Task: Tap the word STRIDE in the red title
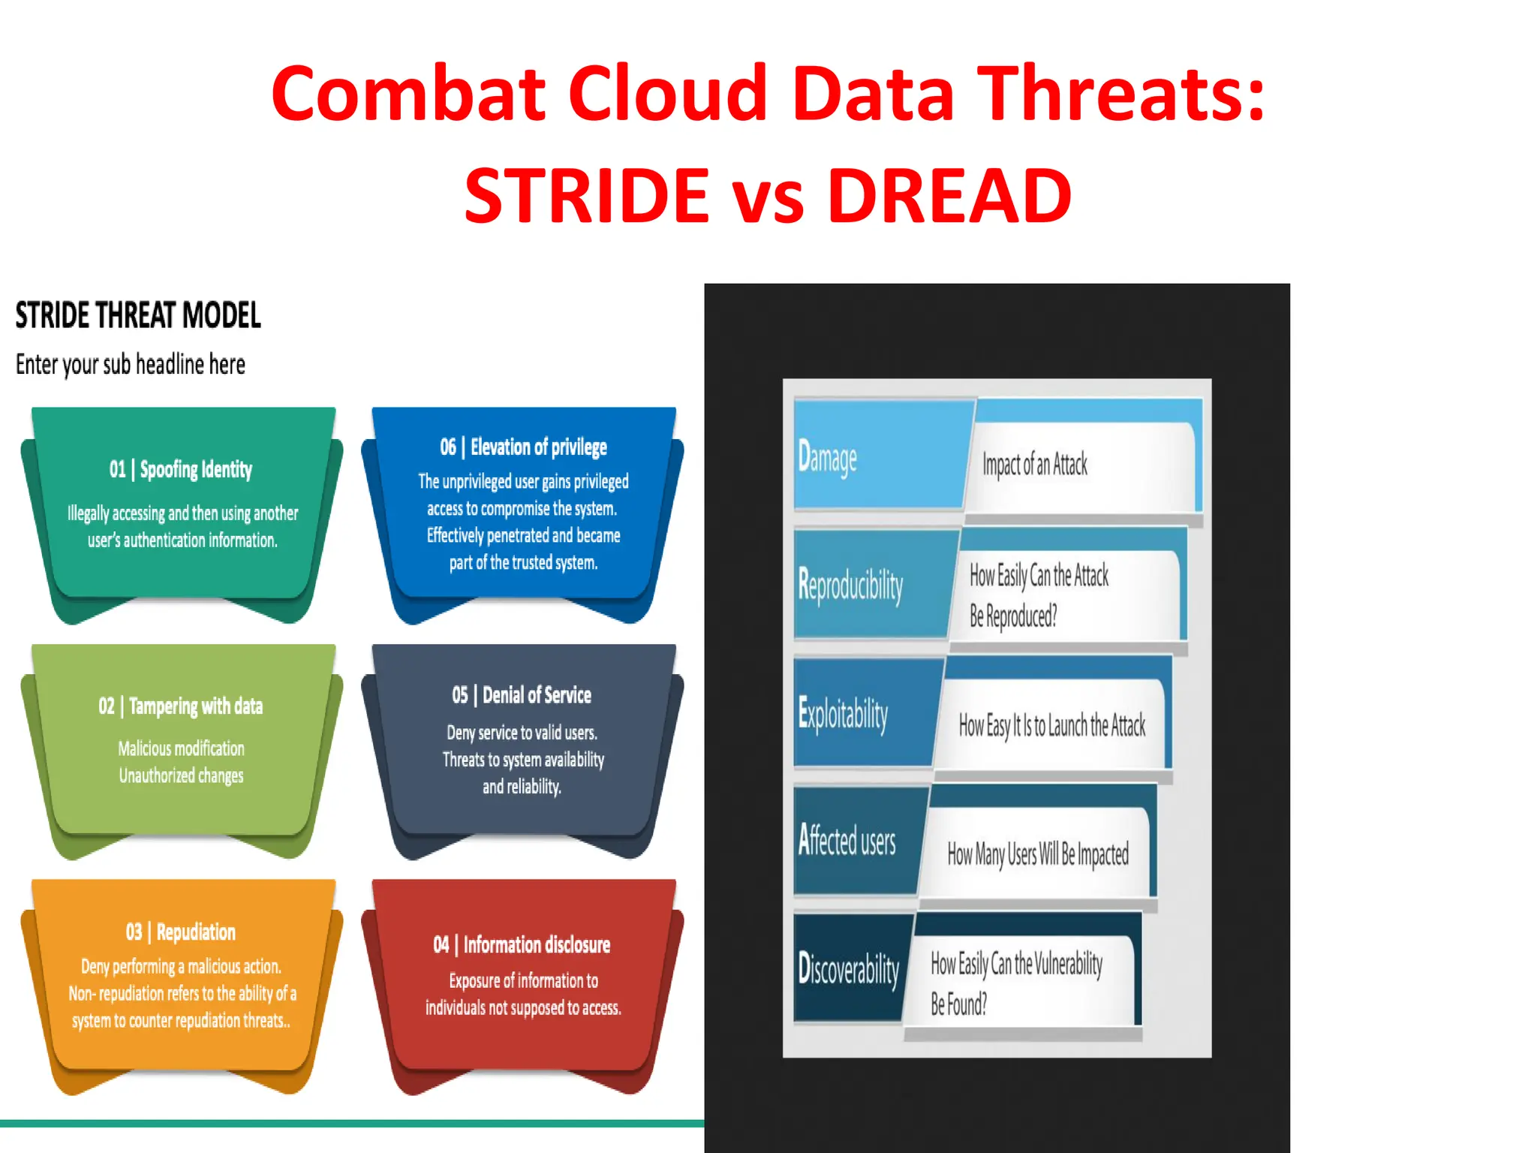(587, 197)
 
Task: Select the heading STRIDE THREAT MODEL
(138, 315)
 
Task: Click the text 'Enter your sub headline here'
(131, 365)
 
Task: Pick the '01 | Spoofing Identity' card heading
(181, 470)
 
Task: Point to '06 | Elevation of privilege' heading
(523, 447)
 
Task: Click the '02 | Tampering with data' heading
(181, 706)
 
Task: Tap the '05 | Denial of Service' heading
(522, 695)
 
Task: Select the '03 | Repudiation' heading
(181, 932)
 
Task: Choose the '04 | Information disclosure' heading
(522, 945)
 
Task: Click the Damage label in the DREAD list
(827, 457)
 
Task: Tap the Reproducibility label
(850, 586)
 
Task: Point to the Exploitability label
(843, 713)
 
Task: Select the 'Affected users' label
(847, 841)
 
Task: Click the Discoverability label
(849, 969)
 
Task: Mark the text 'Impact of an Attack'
(1035, 465)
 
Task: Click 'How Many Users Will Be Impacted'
(1038, 854)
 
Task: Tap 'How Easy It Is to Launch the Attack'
(1052, 726)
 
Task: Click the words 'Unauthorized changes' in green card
(181, 776)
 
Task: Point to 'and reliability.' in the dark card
(522, 787)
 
